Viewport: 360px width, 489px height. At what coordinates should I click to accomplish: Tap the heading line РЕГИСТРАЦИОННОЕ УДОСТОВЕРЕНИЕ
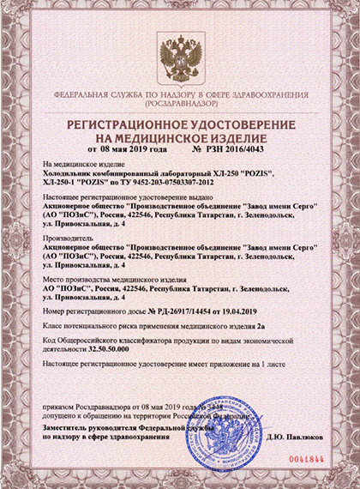point(180,124)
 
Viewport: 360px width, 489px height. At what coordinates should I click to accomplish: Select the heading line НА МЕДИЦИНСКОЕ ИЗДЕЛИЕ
point(180,136)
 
